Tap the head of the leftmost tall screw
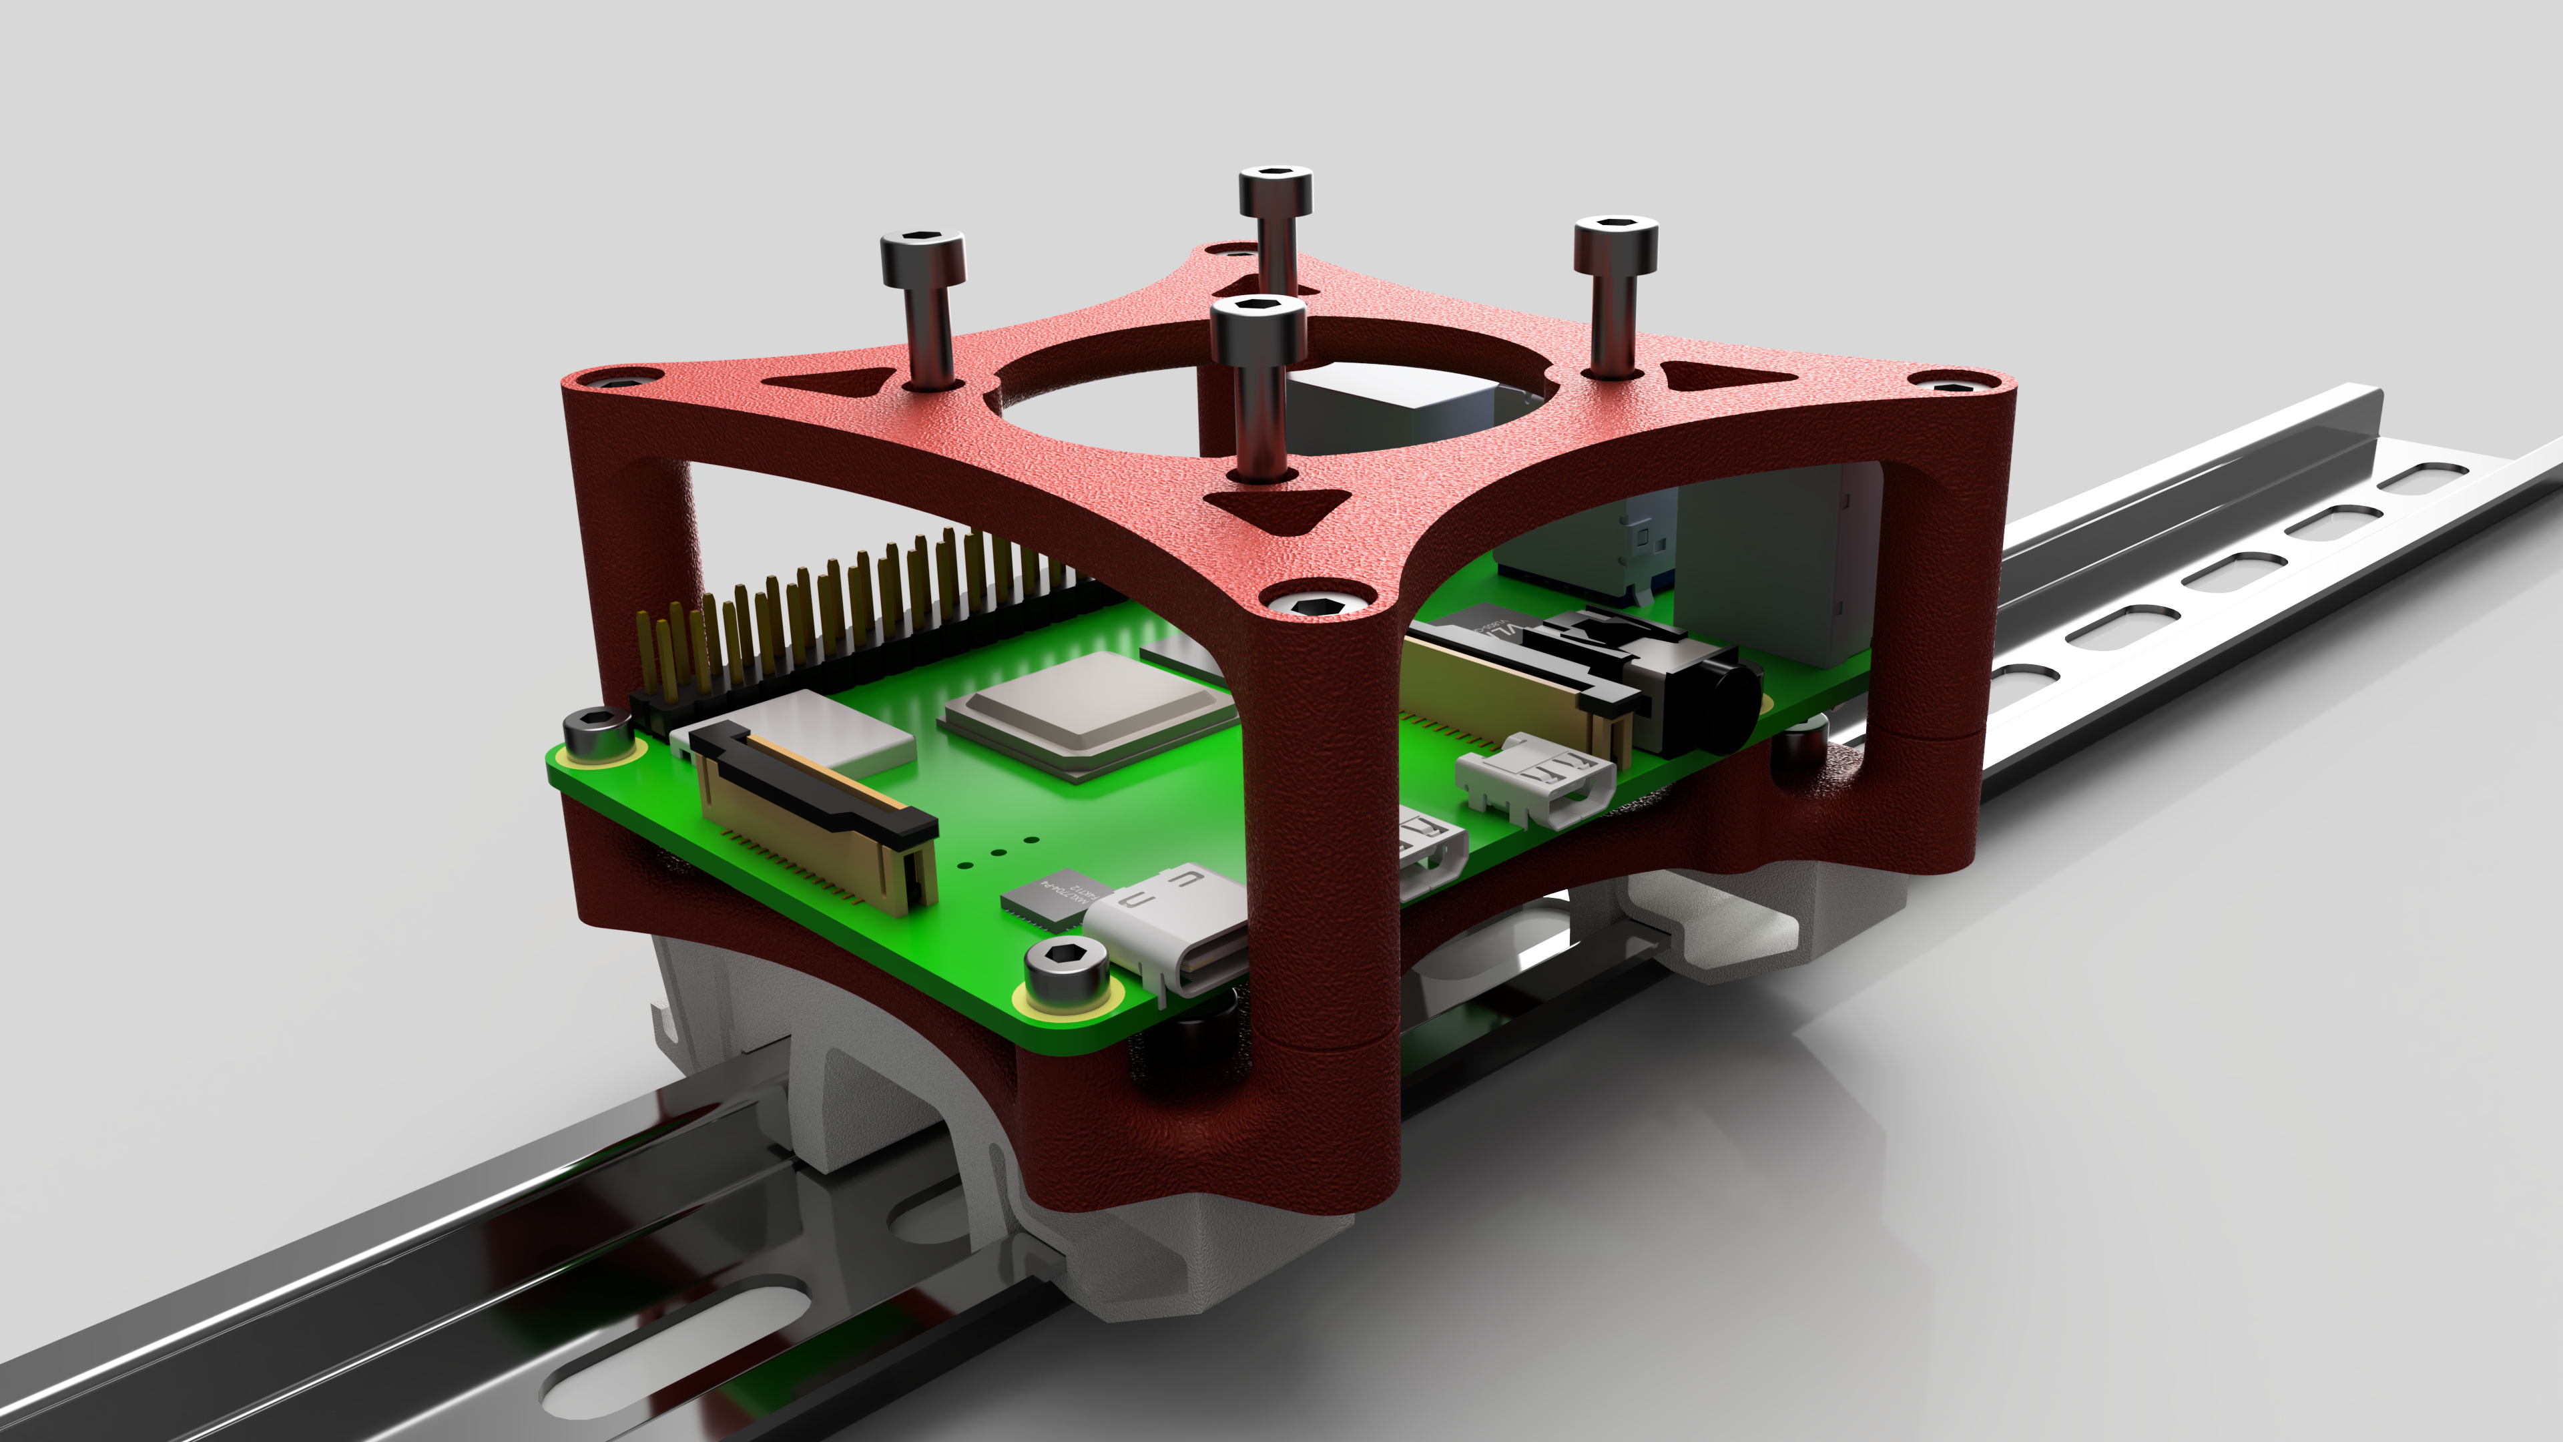coord(922,254)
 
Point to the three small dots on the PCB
coord(995,852)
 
